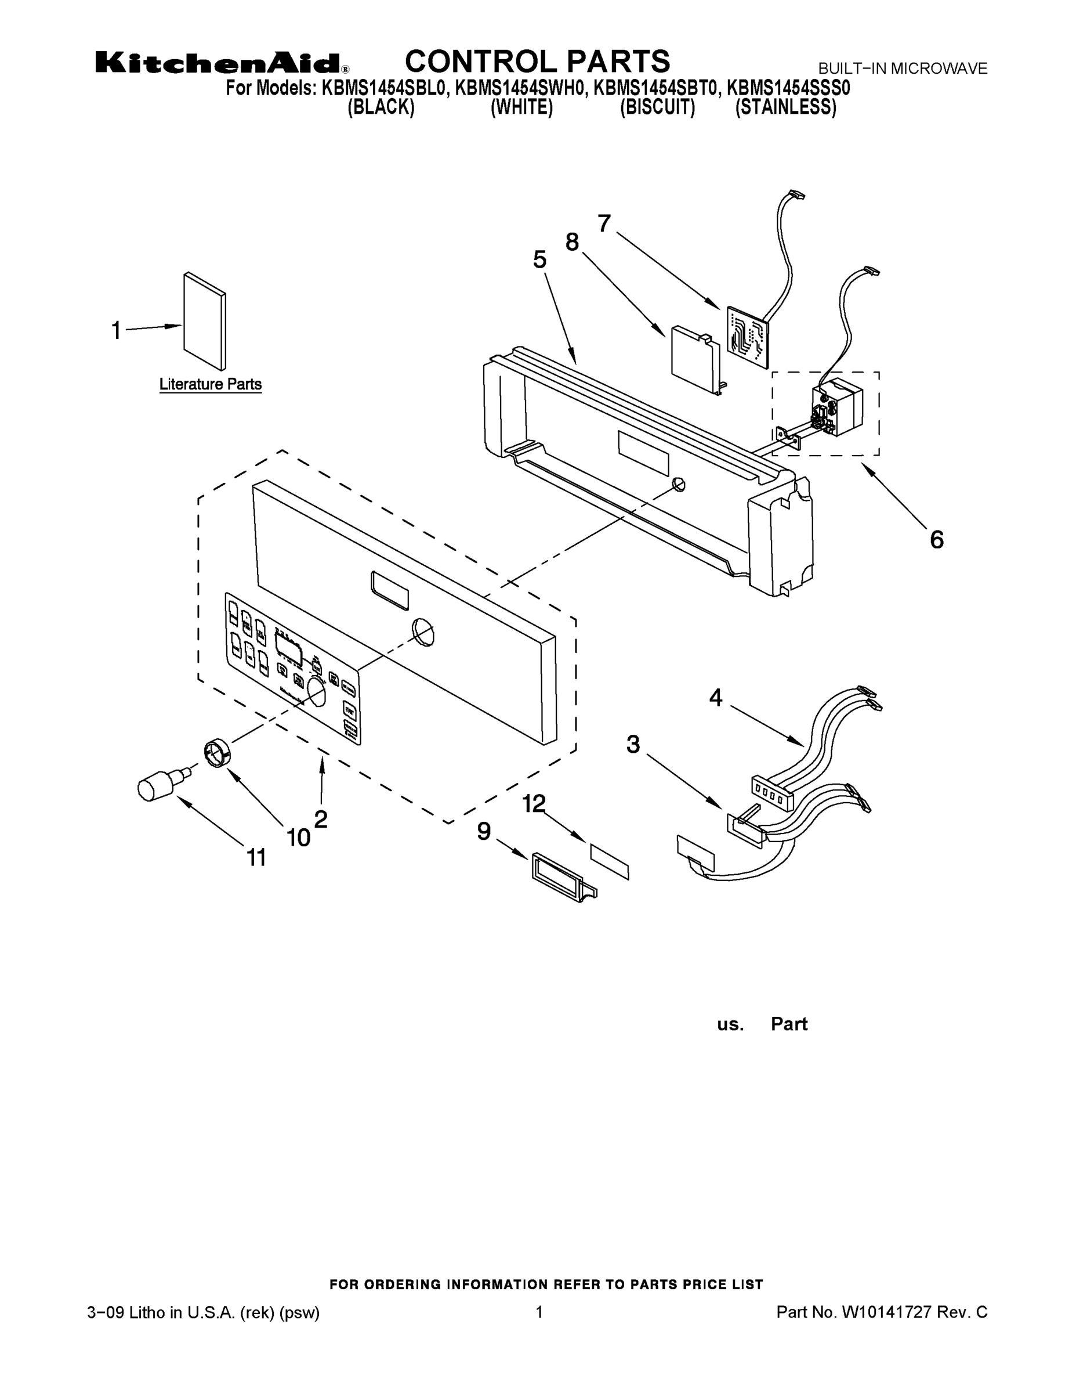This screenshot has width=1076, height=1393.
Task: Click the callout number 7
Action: click(604, 223)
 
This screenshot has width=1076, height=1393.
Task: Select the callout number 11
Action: click(256, 858)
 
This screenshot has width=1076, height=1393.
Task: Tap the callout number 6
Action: click(936, 540)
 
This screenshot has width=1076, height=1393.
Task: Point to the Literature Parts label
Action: click(211, 385)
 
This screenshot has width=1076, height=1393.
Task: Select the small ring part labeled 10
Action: click(217, 753)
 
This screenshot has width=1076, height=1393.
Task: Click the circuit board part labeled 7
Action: click(747, 337)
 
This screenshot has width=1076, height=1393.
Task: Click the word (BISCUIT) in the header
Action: click(657, 107)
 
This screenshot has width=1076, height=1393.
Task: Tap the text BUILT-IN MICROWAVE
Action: click(903, 69)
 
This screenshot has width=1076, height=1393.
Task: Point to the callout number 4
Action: click(715, 698)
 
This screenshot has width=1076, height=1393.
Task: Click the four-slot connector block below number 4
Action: click(771, 793)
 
